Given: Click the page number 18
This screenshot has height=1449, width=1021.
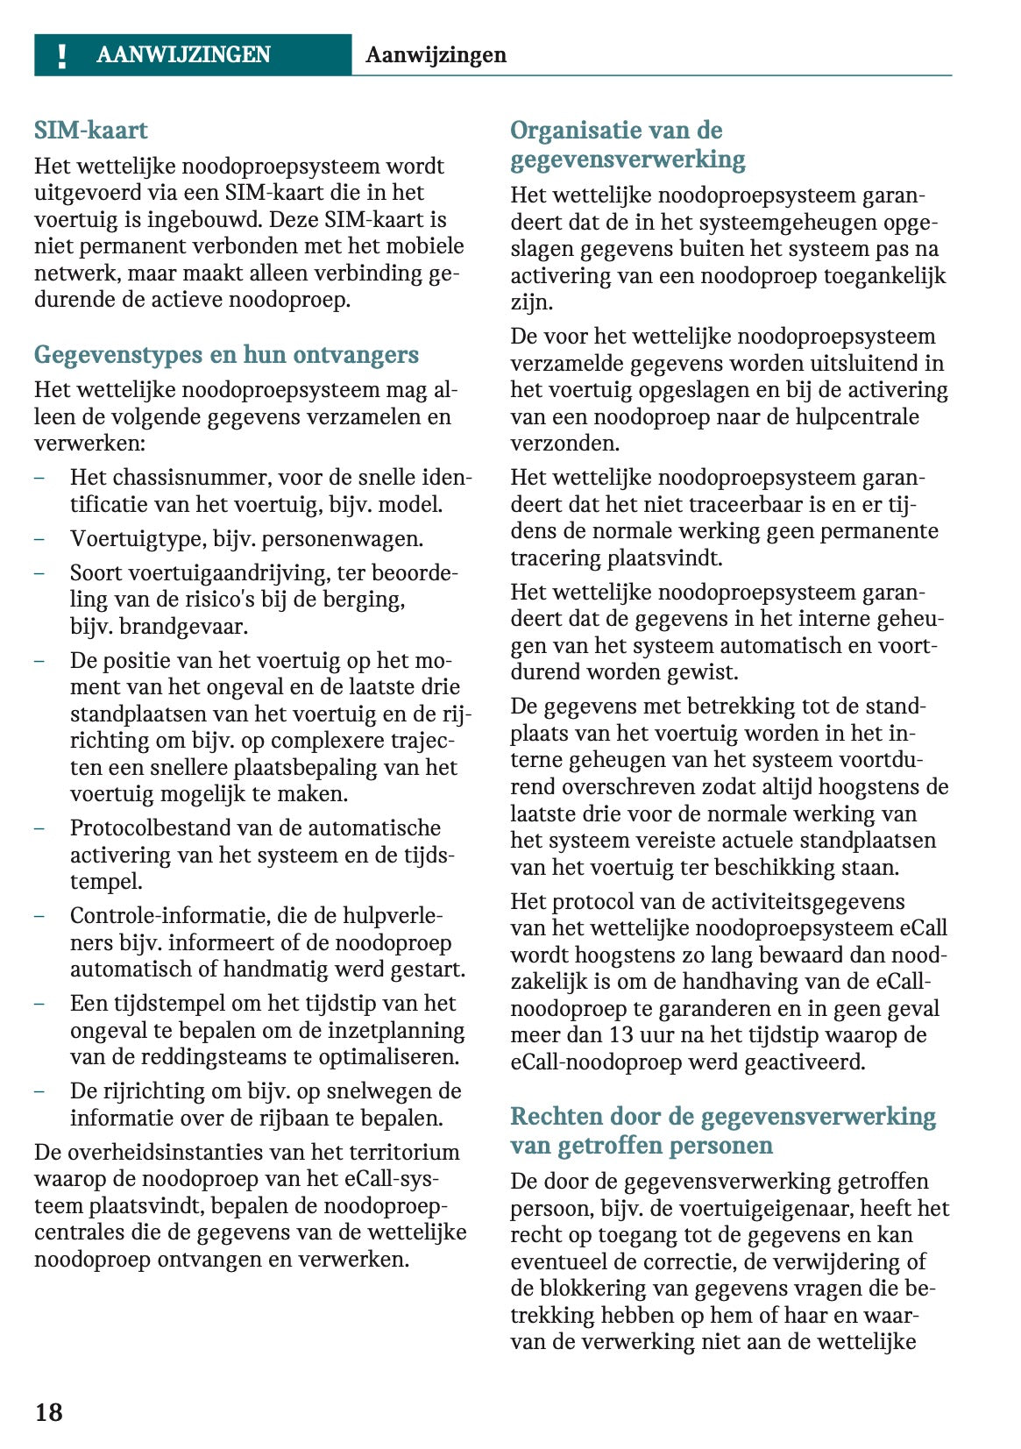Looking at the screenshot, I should [x=49, y=1411].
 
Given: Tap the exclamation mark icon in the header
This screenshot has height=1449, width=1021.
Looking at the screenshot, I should [x=61, y=55].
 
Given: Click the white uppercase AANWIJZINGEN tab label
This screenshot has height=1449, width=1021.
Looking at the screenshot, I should [x=183, y=55].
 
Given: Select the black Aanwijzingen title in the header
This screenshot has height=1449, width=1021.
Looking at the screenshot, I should [x=436, y=55].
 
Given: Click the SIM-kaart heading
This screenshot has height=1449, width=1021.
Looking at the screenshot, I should [x=91, y=131].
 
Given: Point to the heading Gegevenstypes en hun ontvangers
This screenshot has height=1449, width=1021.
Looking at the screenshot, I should [x=226, y=355].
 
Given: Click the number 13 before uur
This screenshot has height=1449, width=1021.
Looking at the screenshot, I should [x=621, y=1035].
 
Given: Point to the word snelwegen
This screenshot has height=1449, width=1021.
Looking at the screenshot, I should [x=381, y=1091].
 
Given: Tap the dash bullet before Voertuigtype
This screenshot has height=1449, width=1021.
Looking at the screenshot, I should [x=39, y=539].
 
